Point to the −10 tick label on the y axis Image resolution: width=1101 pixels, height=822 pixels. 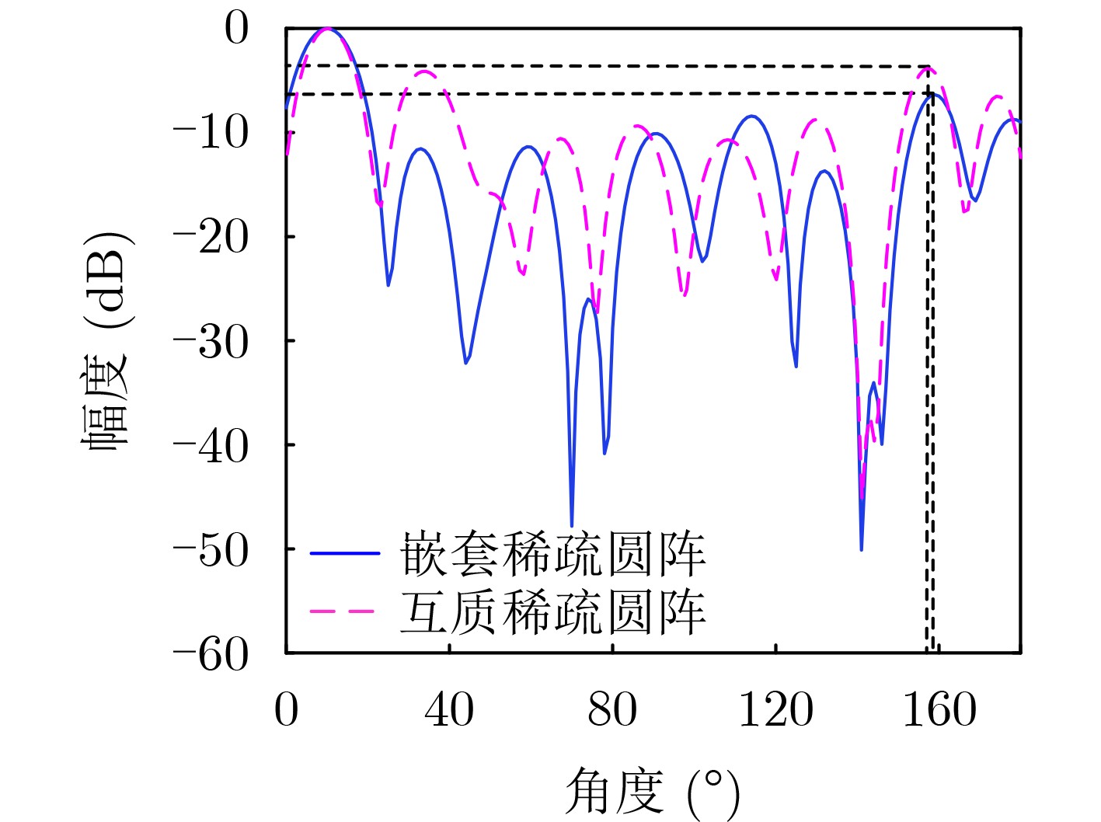[x=211, y=133]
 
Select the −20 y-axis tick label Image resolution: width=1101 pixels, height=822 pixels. [x=211, y=237]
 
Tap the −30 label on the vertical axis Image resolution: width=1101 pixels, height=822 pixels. [x=211, y=341]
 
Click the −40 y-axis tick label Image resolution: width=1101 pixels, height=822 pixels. [x=211, y=445]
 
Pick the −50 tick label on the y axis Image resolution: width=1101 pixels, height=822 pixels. [x=211, y=549]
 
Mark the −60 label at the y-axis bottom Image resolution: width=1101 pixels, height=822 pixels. [x=211, y=654]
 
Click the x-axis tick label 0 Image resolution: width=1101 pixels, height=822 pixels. [x=286, y=709]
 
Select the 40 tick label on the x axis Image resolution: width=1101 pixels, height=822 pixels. [x=449, y=709]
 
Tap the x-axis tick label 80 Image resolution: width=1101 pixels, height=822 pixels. [x=612, y=709]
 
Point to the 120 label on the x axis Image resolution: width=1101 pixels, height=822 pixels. [x=775, y=709]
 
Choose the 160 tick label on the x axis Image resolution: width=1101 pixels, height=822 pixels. [x=939, y=709]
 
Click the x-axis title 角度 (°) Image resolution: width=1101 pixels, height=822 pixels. [x=651, y=792]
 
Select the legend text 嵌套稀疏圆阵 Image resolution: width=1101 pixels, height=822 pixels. [x=552, y=554]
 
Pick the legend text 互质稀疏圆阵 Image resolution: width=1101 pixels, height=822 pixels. [x=552, y=612]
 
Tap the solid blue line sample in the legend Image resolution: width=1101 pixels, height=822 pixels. [x=344, y=553]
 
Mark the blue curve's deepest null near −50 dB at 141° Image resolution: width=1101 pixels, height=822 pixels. [x=861, y=549]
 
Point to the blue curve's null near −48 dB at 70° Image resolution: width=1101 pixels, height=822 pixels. [x=572, y=525]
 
